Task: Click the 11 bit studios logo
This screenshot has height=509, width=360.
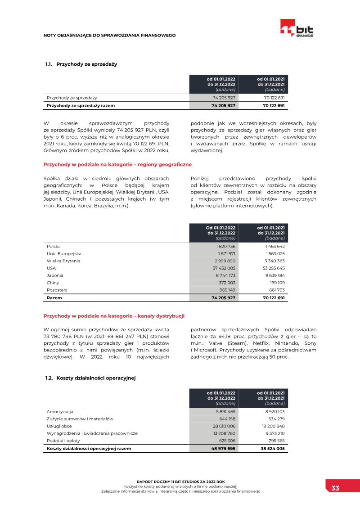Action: pos(297,28)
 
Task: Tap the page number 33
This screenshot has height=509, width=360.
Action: pos(335,488)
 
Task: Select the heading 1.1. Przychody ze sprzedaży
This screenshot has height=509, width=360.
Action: pos(81,64)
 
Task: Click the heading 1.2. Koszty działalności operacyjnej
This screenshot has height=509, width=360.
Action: pos(90,378)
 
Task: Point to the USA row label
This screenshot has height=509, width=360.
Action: pos(51,268)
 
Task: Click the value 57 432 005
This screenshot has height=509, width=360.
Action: pos(224,268)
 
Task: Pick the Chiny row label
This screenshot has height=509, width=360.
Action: pos(53,283)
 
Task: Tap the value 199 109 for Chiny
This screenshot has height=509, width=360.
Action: pos(277,283)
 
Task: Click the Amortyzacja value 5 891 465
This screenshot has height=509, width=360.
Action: pos(225,412)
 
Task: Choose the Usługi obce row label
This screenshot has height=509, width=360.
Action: pos(59,426)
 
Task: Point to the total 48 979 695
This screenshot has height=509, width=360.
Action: pos(224,449)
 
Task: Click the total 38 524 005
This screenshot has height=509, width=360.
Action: pos(273,449)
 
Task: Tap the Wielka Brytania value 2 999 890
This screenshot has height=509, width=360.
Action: pos(225,261)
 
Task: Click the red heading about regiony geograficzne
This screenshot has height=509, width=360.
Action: pos(117,165)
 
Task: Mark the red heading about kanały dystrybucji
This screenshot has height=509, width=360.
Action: pos(114,316)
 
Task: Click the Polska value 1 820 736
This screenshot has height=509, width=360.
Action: pos(225,247)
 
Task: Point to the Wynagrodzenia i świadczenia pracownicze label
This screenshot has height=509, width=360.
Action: pos(92,433)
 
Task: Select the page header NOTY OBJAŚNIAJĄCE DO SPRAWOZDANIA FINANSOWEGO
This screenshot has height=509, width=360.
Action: pos(109,35)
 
